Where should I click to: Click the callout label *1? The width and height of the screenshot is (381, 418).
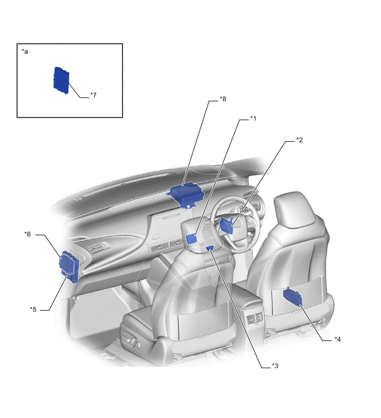[253, 118]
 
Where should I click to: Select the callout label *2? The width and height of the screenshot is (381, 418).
[299, 140]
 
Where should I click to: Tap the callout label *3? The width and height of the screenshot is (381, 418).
[275, 365]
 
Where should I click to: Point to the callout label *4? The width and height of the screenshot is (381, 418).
[337, 339]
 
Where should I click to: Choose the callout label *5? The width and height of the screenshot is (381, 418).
[33, 309]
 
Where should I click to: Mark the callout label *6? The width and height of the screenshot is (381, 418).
[28, 234]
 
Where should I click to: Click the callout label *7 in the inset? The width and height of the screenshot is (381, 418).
[93, 95]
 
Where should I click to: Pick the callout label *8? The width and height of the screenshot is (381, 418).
[223, 99]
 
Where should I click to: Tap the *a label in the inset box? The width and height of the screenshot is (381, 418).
[25, 51]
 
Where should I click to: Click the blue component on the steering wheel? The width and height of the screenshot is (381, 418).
[228, 226]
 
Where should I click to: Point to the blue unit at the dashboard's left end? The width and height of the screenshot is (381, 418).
[70, 265]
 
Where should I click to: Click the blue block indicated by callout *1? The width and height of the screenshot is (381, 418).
[191, 239]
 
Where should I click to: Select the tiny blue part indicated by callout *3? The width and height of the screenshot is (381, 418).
[210, 249]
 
